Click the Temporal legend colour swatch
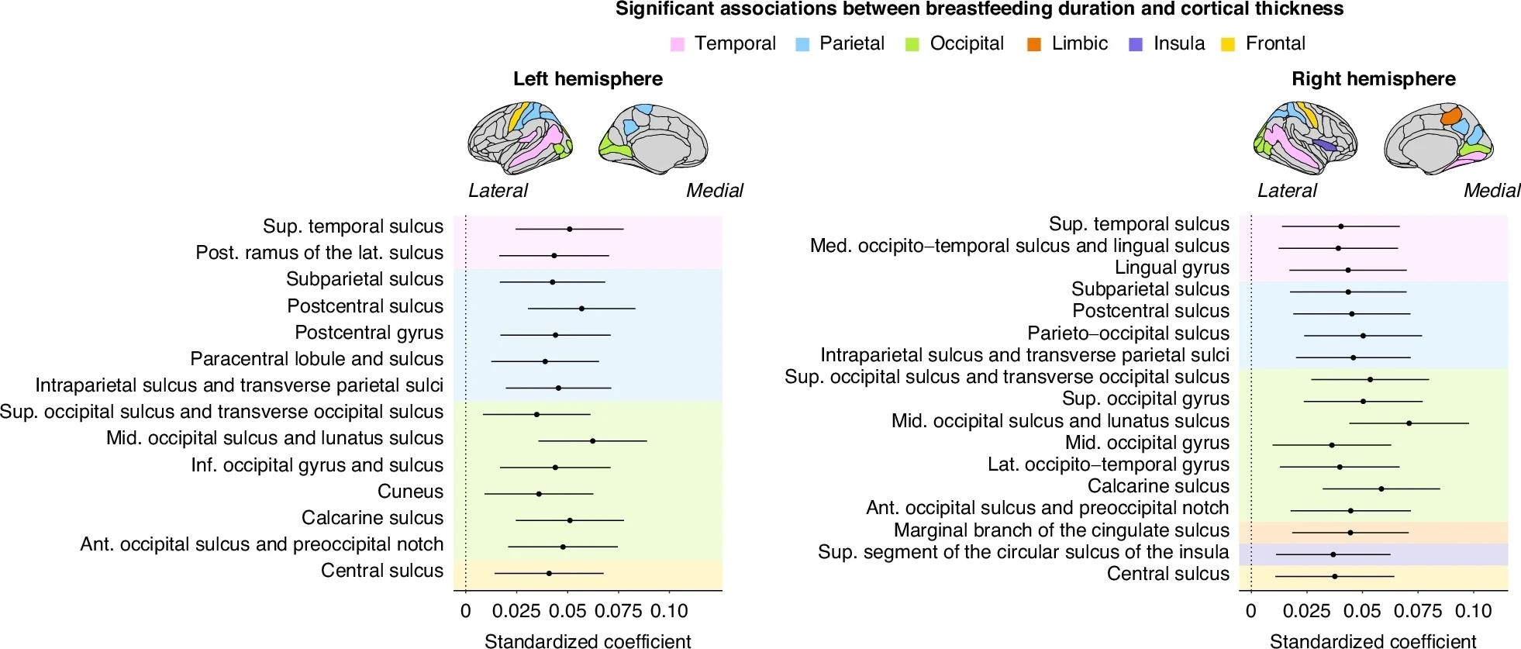[678, 44]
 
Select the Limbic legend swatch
[1034, 44]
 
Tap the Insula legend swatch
[1136, 44]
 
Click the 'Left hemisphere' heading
[588, 79]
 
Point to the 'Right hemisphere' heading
[1373, 79]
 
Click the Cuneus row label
[410, 492]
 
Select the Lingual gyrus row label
[1171, 268]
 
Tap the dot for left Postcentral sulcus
[581, 309]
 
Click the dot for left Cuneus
[539, 494]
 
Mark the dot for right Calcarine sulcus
[1381, 489]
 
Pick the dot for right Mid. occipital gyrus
[1332, 445]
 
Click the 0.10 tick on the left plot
[669, 611]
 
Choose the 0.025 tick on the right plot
[1306, 611]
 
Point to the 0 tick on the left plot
[465, 611]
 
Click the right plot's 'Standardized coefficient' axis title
[1373, 640]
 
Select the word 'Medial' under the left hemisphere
[714, 191]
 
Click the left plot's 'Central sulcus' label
[382, 571]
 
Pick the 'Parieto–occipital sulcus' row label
[1128, 333]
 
